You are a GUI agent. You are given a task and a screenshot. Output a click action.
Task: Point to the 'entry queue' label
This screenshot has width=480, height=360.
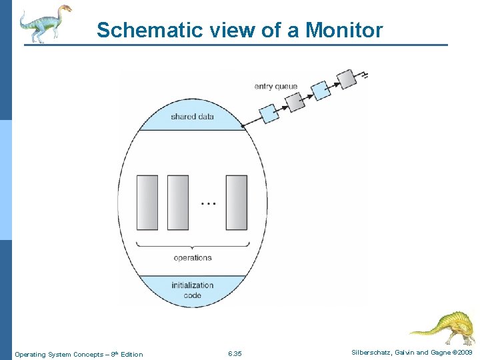click(x=276, y=87)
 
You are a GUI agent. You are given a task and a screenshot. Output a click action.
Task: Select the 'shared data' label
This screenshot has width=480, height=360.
click(x=192, y=117)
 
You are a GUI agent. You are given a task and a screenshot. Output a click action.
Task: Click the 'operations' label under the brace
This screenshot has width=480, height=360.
click(x=192, y=257)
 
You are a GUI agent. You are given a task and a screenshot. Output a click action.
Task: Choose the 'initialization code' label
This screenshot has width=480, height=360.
click(x=192, y=290)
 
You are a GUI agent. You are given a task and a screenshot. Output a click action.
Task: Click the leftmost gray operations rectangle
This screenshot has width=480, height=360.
click(x=147, y=203)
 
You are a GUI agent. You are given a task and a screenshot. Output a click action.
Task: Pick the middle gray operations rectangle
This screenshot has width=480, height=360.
click(x=178, y=203)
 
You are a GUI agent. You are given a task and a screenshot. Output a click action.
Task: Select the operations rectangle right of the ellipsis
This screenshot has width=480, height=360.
click(x=237, y=203)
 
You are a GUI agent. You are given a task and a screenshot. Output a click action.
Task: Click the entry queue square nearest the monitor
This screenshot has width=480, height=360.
click(x=269, y=114)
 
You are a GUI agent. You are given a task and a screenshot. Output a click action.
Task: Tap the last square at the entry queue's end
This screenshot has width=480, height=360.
click(x=347, y=80)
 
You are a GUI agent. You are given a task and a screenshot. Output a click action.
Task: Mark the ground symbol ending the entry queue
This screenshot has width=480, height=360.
click(x=364, y=73)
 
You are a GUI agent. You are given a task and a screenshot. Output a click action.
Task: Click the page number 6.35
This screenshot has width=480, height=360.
click(x=235, y=353)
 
